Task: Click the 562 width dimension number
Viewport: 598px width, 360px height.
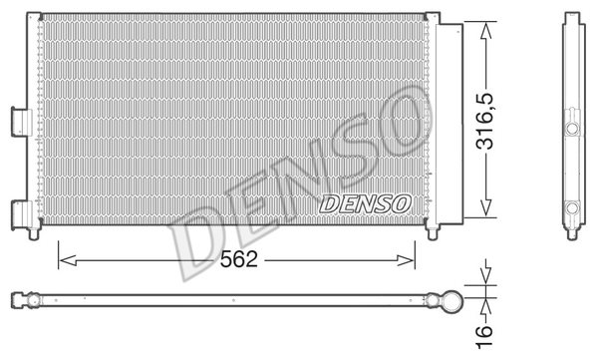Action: click(x=239, y=259)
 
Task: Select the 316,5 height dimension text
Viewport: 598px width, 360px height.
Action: click(x=484, y=121)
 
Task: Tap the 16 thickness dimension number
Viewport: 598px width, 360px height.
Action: click(x=484, y=336)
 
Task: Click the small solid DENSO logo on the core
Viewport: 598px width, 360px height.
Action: click(x=366, y=203)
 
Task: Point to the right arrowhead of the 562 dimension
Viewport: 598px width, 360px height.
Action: click(x=405, y=260)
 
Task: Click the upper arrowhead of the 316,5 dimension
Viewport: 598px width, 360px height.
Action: click(x=485, y=31)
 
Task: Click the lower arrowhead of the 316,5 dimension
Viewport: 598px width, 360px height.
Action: click(x=485, y=207)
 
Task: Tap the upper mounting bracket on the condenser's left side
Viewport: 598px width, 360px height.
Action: click(x=22, y=122)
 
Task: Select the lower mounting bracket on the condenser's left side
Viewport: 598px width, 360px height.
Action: click(x=22, y=215)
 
